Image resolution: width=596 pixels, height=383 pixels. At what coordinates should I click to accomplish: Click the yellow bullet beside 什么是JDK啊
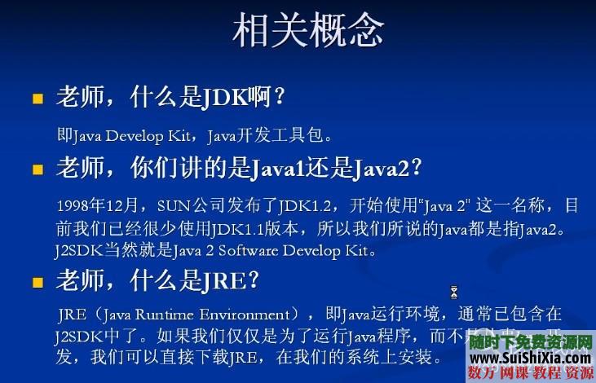point(37,99)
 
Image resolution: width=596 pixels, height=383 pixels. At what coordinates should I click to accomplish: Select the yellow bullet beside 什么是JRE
point(37,283)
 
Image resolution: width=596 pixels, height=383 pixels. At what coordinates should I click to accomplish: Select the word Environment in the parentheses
point(237,314)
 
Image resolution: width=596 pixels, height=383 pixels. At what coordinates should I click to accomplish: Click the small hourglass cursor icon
point(454,292)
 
